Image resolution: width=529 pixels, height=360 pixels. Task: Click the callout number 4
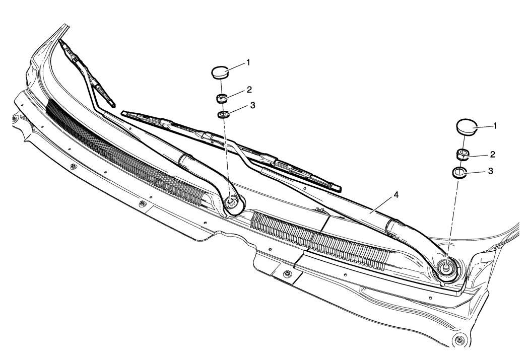click(396, 195)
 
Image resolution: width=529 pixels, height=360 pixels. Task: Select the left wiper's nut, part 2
click(221, 99)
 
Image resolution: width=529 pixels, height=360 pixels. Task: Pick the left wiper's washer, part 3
click(222, 115)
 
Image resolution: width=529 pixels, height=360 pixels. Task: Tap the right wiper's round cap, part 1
click(467, 127)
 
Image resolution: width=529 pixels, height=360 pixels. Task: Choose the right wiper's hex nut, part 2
click(462, 155)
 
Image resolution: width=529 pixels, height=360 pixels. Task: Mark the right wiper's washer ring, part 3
click(459, 172)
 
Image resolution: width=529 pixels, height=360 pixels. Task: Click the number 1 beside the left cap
click(248, 62)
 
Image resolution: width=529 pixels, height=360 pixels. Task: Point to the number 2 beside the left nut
click(249, 90)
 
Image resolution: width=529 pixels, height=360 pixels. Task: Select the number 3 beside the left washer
click(253, 106)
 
